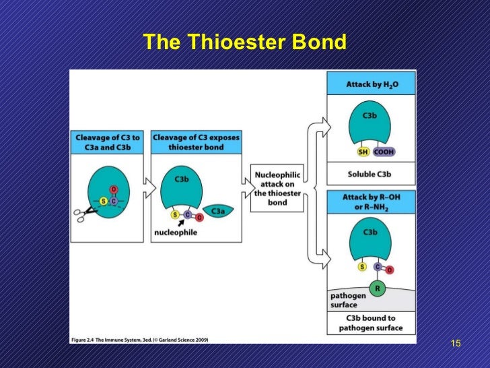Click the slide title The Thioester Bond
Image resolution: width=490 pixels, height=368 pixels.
coord(244,42)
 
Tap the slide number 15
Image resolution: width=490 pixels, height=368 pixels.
coord(455,344)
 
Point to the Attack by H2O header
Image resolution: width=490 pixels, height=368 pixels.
coord(371,84)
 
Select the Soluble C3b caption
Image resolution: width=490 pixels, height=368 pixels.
coord(371,173)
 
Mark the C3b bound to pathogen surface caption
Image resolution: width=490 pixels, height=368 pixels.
coord(371,323)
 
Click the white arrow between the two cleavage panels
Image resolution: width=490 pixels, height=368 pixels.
coord(148,187)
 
